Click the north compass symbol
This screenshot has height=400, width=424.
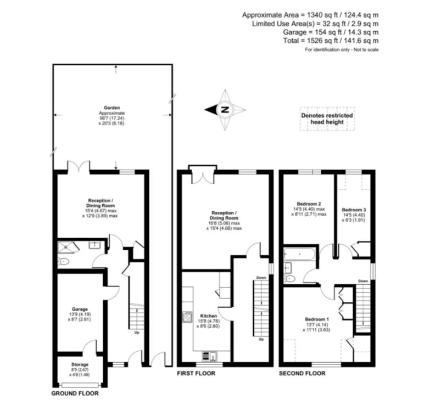point(225,110)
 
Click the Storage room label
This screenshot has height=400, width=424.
point(80,364)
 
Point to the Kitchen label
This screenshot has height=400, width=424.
point(209,317)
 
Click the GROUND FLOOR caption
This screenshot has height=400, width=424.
point(75,393)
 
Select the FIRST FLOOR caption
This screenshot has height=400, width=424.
point(196,373)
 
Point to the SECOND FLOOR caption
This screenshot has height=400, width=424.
point(302,373)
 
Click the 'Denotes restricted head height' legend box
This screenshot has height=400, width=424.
point(327,119)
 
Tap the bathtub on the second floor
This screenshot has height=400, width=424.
point(299,255)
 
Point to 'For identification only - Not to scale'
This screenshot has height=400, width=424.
point(342,50)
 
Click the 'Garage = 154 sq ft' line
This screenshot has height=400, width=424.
point(328,32)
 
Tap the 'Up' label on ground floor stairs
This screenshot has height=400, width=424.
point(136,332)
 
